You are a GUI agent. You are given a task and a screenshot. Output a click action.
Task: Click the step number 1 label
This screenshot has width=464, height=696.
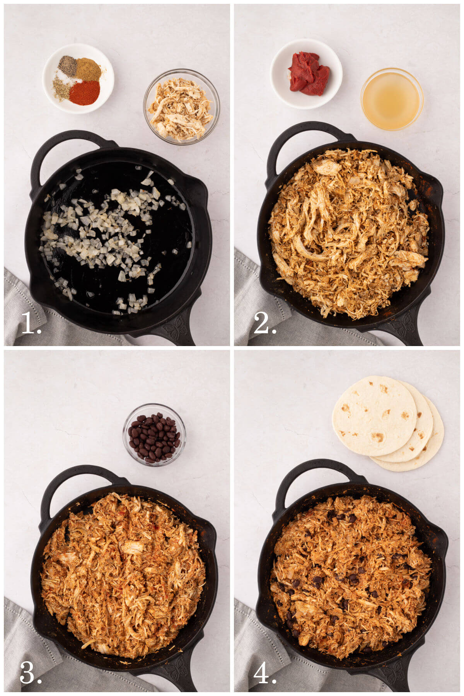click(x=31, y=323)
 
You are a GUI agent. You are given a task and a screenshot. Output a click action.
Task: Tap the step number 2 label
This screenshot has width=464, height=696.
click(x=264, y=323)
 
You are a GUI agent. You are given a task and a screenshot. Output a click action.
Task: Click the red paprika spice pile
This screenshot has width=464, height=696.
click(x=84, y=93)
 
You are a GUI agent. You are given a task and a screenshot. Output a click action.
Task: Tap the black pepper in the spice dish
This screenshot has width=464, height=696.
click(x=68, y=66)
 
